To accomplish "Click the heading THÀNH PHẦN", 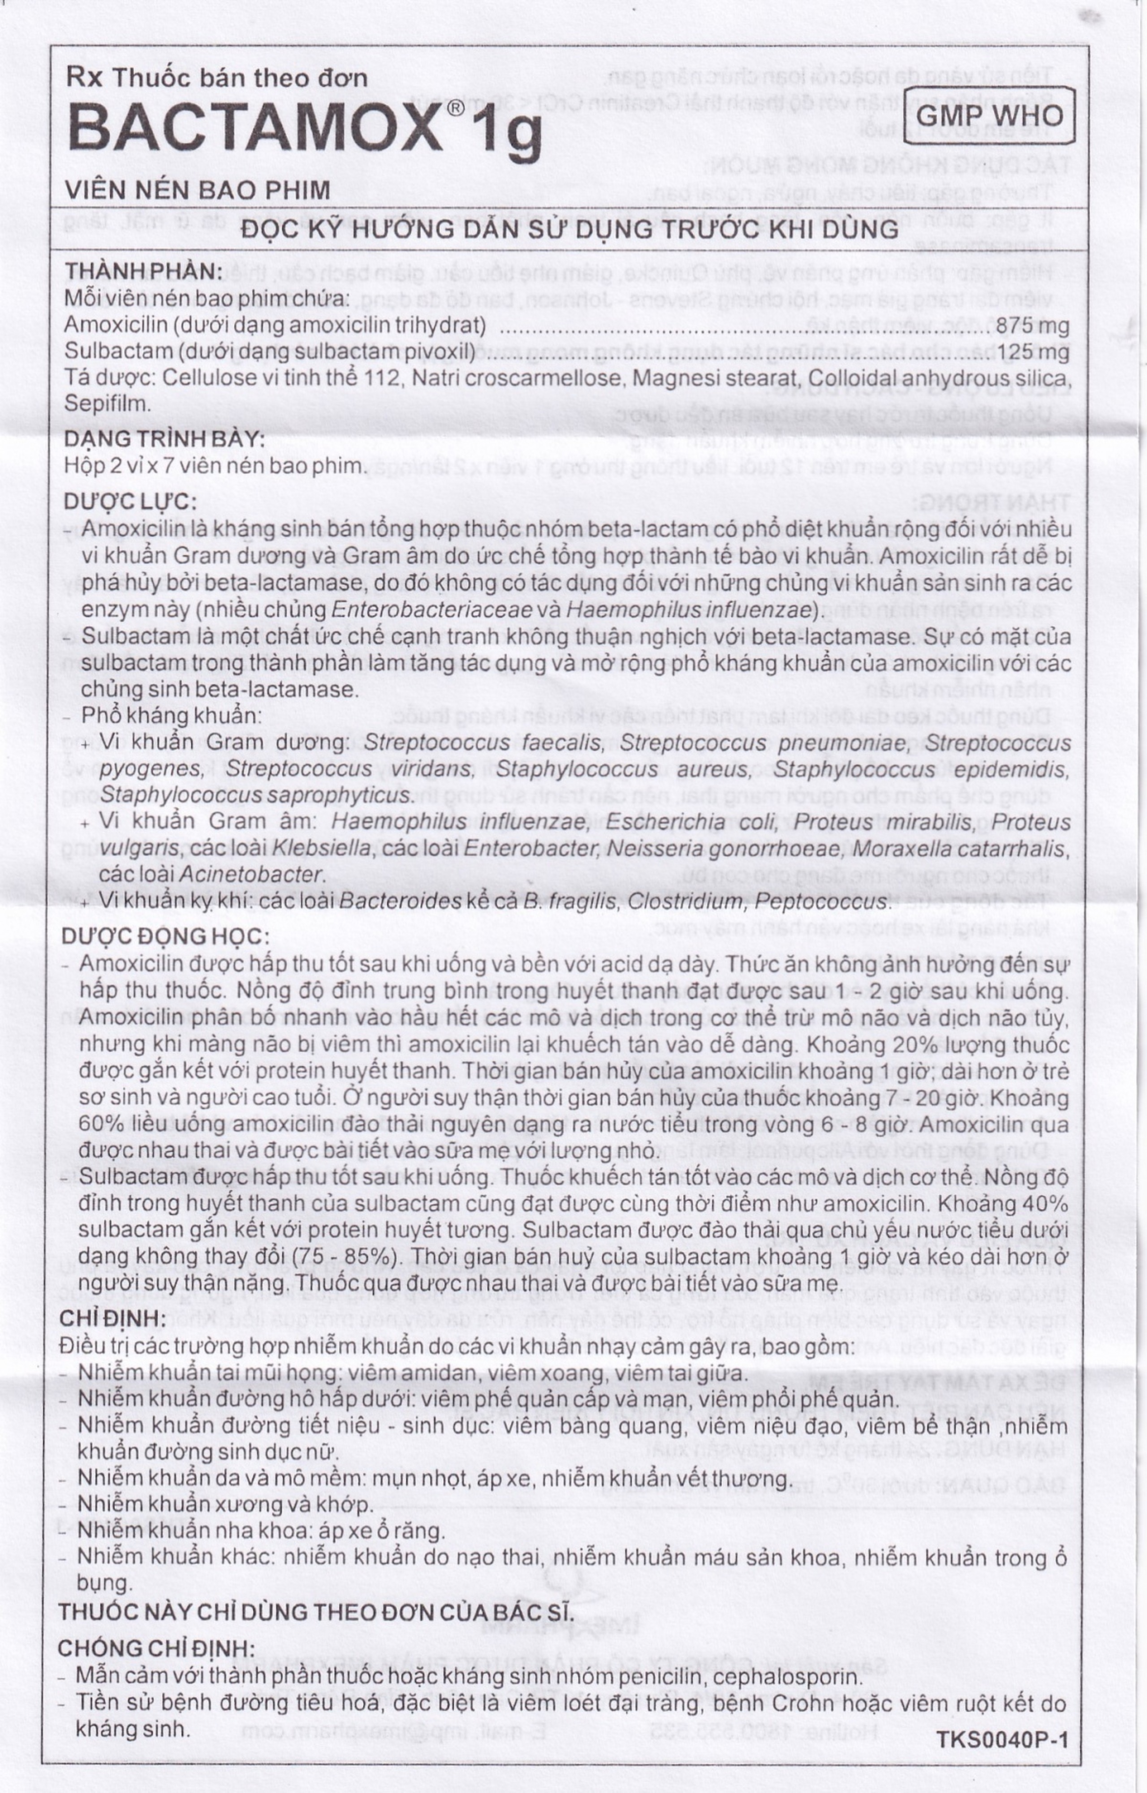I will pos(143,271).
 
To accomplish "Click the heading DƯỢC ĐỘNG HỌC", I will pos(165,935).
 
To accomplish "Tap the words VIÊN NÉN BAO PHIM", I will pos(198,190).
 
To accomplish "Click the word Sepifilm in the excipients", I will pos(109,403).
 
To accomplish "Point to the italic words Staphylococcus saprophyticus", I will pos(257,794).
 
